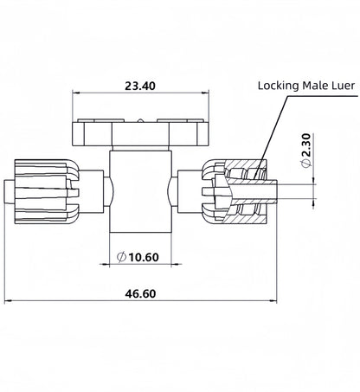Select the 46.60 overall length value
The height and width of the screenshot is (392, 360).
[x=142, y=294]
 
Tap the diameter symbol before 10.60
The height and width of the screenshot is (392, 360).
[x=121, y=256]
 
